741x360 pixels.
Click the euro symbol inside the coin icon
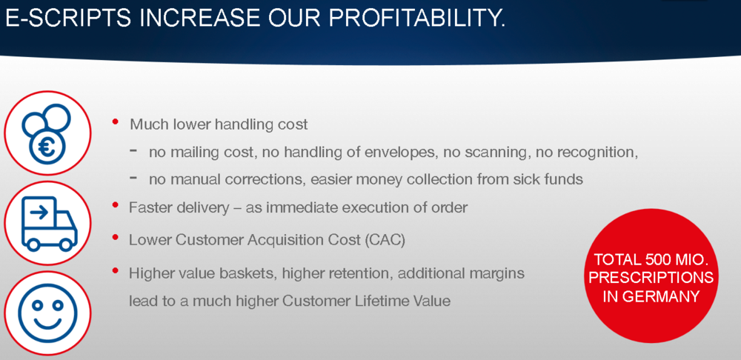coord(47,147)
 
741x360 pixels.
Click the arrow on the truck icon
coord(39,213)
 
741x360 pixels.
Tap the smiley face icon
coord(47,313)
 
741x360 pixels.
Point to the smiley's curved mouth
coord(47,322)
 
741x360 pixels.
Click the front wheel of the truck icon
coord(66,244)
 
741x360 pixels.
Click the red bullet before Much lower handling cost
coord(116,122)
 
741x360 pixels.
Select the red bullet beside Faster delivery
coord(116,204)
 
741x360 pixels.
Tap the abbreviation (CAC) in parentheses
coord(385,241)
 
